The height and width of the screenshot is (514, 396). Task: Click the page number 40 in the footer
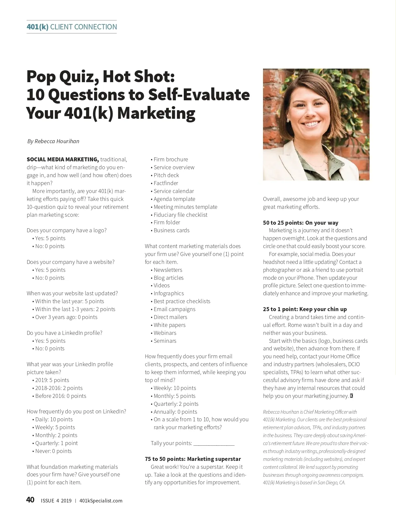[x=30, y=500]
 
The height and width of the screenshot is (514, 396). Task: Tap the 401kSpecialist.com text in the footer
[x=101, y=500]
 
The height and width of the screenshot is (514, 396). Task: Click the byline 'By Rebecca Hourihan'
[x=53, y=141]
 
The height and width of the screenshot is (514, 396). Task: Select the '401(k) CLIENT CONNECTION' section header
[x=72, y=27]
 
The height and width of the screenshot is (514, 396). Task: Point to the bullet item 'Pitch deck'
[x=166, y=175]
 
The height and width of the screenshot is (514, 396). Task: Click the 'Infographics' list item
[x=169, y=293]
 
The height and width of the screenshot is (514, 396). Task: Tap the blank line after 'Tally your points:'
[x=214, y=443]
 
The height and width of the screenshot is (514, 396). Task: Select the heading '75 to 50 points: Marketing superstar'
[x=193, y=459]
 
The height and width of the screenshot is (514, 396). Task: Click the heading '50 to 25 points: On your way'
[x=300, y=223]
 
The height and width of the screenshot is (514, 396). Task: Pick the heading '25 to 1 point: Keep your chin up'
[x=305, y=309]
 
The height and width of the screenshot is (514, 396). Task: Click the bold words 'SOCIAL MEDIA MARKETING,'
[x=63, y=159]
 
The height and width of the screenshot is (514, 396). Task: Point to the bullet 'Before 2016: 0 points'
[x=60, y=396]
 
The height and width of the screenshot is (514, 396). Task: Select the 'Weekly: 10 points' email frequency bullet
[x=175, y=388]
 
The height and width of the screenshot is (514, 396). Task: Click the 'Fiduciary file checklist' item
[x=180, y=215]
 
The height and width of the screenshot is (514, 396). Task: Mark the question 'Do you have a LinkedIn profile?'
[x=64, y=333]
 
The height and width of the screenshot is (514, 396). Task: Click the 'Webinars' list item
[x=165, y=333]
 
